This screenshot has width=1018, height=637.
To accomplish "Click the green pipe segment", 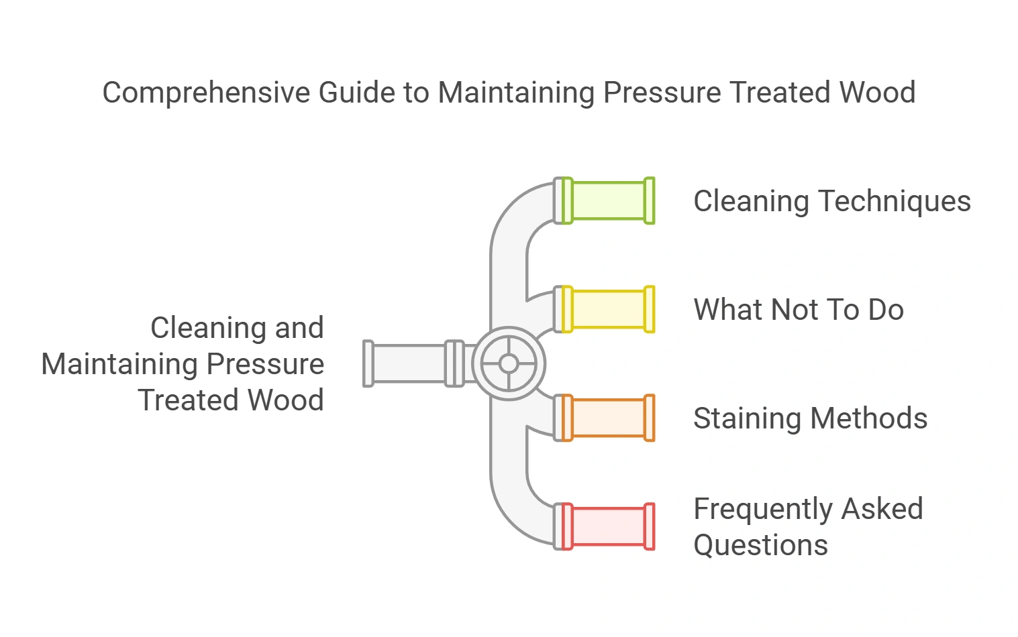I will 608,200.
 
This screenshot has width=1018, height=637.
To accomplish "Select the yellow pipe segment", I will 608,309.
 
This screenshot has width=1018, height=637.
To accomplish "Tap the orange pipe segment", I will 608,418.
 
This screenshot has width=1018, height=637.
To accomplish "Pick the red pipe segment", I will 608,526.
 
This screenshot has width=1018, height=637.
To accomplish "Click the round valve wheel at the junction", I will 509,363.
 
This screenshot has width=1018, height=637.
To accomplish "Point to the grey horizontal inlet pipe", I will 409,363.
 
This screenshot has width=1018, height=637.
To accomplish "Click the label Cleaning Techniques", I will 831,201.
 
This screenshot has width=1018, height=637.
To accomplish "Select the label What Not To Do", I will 799,310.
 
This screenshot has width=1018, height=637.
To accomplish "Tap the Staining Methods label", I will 810,418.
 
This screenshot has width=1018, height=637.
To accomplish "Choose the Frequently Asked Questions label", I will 808,527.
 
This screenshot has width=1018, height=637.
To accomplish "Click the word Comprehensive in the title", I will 207,93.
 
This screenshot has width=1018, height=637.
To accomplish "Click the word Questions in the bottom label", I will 760,545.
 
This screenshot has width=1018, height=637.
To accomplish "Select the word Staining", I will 747,419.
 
